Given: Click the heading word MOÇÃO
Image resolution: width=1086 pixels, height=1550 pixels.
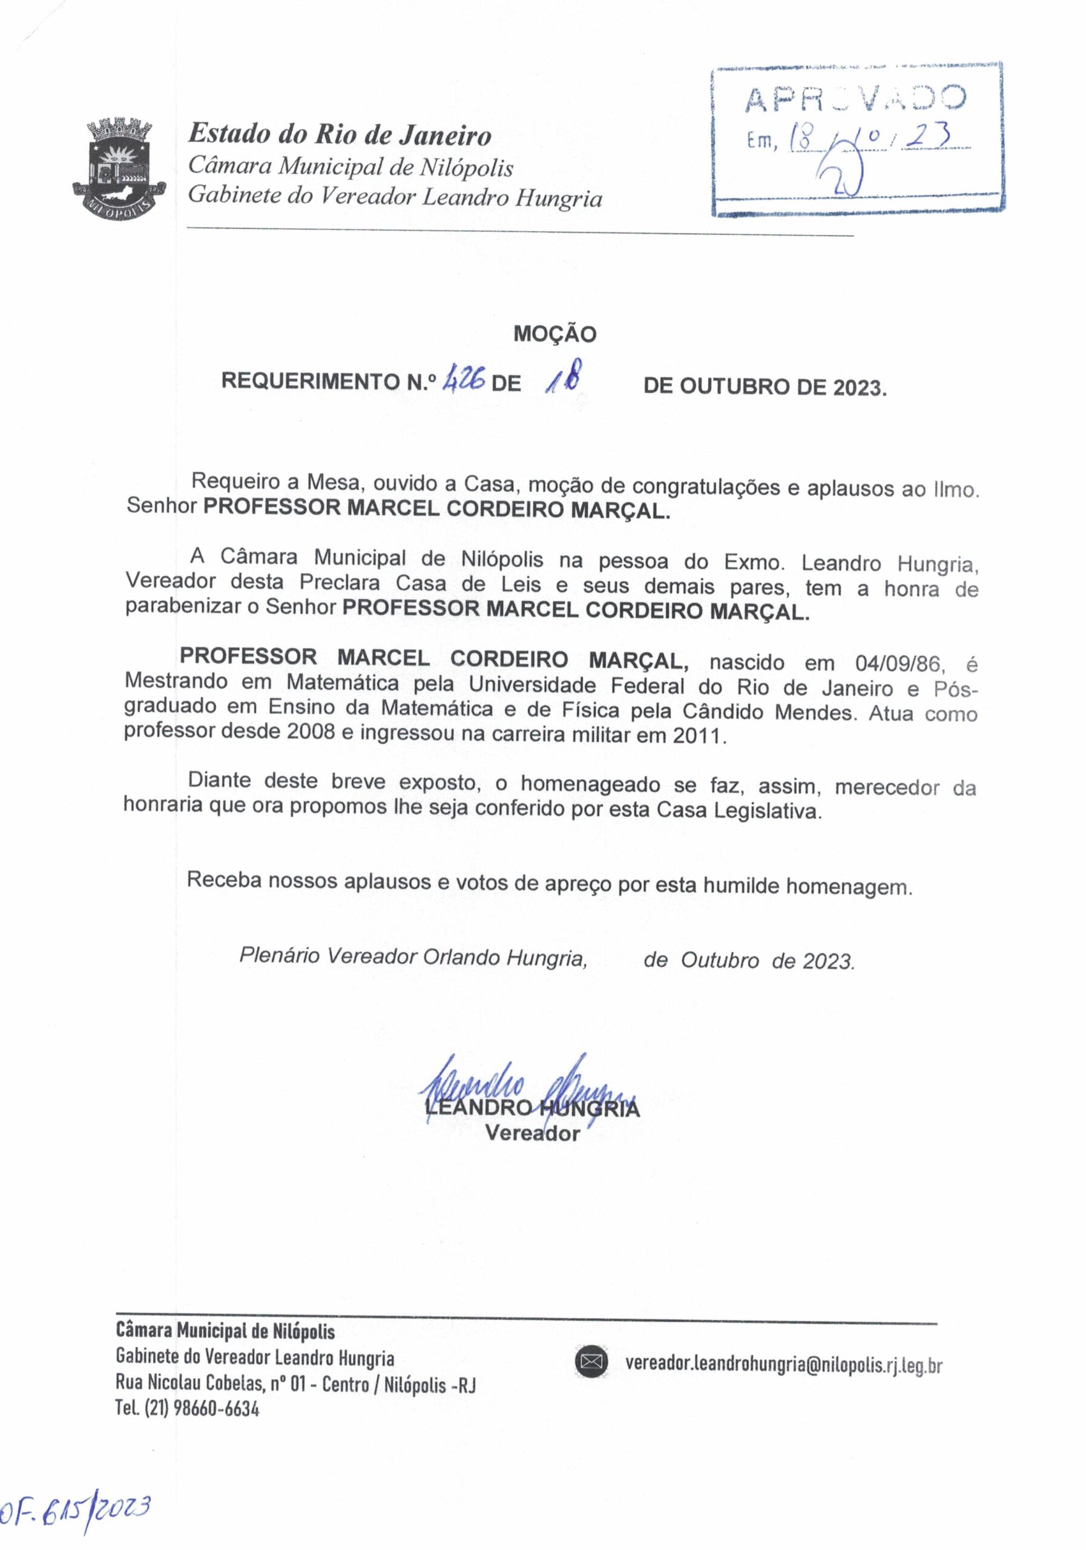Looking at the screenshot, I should pos(555,334).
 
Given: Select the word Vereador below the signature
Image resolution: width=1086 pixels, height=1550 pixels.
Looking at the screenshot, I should pos(533,1133).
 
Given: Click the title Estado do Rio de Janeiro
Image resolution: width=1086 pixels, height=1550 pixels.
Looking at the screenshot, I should pos(340,134).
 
